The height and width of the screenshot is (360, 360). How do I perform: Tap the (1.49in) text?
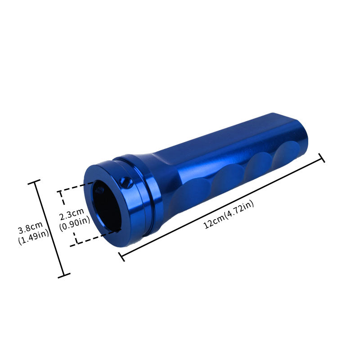pyautogui.click(x=33, y=239)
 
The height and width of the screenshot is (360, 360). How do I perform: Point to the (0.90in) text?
pyautogui.click(x=75, y=220)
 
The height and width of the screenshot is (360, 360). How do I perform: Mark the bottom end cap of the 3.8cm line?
pyautogui.click(x=65, y=275)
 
